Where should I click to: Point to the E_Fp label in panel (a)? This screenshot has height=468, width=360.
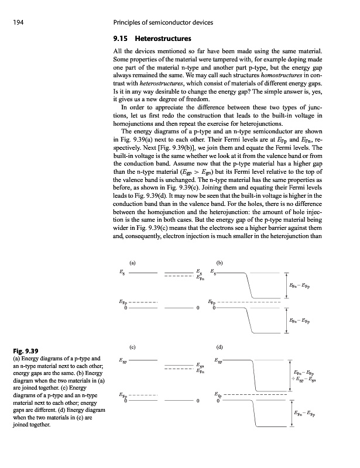coord(121,302)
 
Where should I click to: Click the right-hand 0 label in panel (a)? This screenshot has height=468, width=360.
coord(199,308)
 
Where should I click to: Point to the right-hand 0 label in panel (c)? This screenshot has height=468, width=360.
coord(199,401)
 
